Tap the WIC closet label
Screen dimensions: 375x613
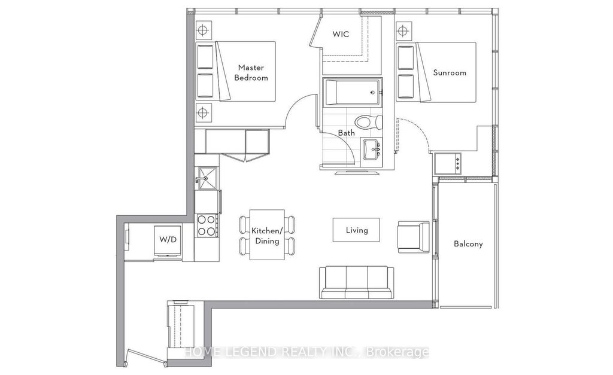click(x=342, y=35)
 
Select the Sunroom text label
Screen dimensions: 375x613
click(x=450, y=72)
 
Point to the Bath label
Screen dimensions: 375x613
click(x=346, y=133)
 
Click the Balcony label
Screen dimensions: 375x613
click(x=468, y=244)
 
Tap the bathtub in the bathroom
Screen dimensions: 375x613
click(x=350, y=93)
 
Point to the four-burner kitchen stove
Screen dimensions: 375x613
click(x=207, y=225)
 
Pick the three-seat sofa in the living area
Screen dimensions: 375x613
click(x=356, y=282)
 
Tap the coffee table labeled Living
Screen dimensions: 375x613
click(x=356, y=230)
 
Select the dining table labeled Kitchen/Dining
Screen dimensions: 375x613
click(x=266, y=235)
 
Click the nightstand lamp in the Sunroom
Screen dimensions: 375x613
click(x=403, y=29)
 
